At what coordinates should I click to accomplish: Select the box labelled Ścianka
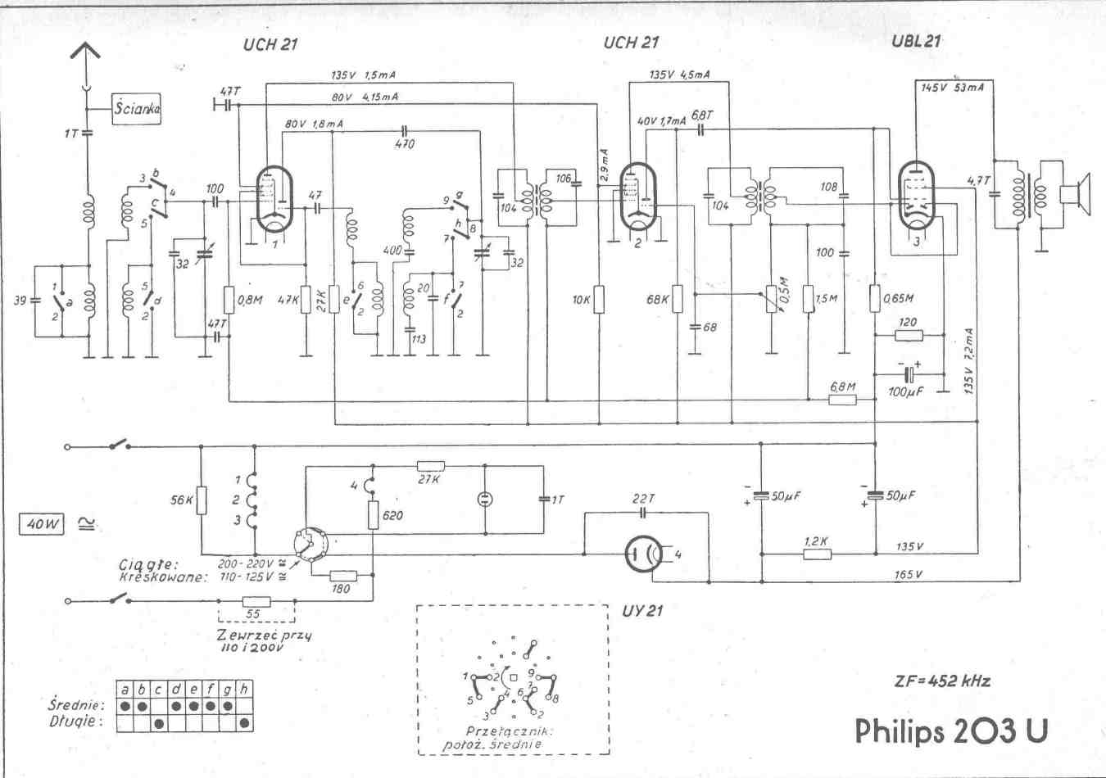[136, 107]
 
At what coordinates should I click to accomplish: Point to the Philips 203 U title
[951, 731]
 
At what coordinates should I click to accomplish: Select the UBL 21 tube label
[915, 41]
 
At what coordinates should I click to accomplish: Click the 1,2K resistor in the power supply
[817, 554]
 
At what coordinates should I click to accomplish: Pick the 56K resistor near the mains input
[202, 500]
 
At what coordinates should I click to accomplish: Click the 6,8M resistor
[842, 400]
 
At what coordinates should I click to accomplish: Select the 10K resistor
[600, 299]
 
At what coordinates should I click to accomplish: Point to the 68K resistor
[678, 300]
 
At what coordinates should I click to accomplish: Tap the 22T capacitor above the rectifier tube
[644, 513]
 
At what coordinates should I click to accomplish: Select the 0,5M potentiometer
[771, 298]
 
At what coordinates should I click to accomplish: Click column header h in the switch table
[245, 690]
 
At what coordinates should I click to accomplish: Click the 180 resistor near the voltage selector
[342, 574]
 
